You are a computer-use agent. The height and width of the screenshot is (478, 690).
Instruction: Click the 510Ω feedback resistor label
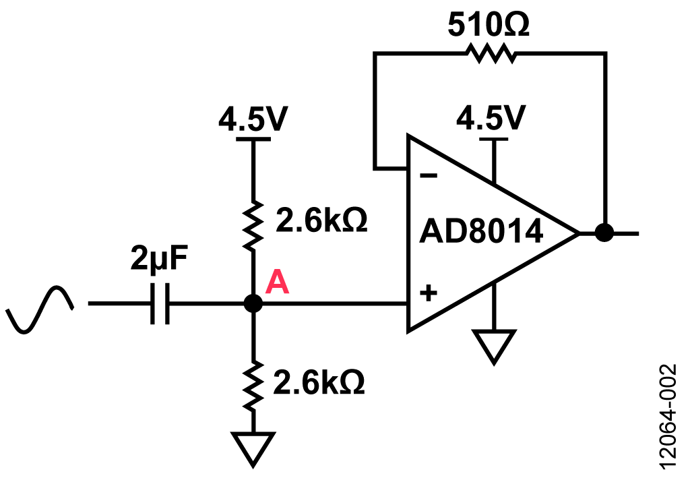coord(489,25)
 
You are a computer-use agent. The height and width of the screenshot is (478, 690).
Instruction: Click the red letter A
coord(277,283)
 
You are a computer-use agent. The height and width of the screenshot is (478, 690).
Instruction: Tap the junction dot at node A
coord(253,303)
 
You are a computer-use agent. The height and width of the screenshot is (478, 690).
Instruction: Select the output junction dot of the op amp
coord(604,233)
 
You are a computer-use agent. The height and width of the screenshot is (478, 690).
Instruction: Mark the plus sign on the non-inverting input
coord(427,294)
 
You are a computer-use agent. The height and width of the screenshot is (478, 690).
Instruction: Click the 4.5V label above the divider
coord(253,121)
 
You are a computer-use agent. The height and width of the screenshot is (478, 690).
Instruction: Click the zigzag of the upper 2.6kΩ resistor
coord(253,224)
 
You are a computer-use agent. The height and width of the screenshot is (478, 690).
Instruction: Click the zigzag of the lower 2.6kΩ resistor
coord(253,386)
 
